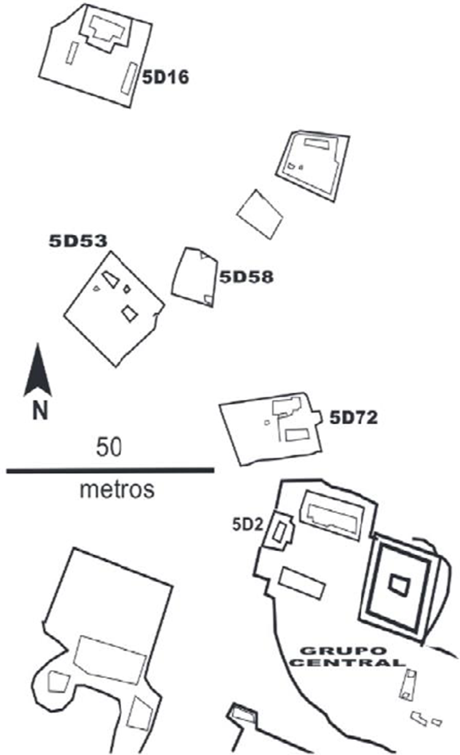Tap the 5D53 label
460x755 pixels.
coord(78,241)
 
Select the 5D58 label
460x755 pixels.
coord(246,277)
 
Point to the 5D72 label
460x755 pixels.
coord(353,417)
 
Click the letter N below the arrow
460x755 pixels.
coord(40,411)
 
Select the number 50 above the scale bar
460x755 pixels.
coord(109,447)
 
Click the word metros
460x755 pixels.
coord(117,490)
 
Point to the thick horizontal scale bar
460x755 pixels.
coord(110,470)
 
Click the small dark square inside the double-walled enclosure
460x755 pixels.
coord(398,585)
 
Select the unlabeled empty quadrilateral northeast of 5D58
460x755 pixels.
coord(260,214)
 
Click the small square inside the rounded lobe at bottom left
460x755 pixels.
coord(58,680)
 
